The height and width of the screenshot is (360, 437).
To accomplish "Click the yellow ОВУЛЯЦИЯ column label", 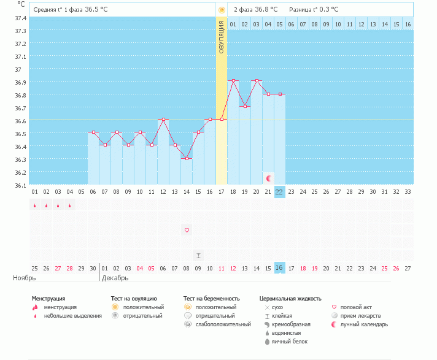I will [x=222, y=37].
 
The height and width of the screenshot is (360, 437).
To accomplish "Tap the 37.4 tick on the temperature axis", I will [x=20, y=18].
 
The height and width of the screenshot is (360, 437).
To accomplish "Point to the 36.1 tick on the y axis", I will [x=20, y=185].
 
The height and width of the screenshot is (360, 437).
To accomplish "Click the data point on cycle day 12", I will [x=163, y=119].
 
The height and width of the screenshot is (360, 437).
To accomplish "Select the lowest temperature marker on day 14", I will [x=187, y=158].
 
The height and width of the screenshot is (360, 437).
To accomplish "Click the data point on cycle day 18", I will [x=233, y=80].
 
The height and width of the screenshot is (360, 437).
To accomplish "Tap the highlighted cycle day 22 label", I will [x=279, y=191].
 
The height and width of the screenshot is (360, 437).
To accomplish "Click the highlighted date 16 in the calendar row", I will [x=279, y=268].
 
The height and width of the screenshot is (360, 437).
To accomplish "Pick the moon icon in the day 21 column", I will [x=268, y=178].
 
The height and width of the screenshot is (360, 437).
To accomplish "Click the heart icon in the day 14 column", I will [x=187, y=230].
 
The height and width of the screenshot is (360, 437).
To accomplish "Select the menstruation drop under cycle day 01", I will [x=34, y=205].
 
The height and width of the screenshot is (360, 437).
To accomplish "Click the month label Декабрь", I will [x=115, y=278].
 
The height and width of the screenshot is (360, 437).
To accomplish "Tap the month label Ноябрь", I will [x=25, y=278].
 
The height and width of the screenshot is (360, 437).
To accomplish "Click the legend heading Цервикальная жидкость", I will [x=290, y=299].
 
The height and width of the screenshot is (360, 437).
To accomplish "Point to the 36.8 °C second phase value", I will [x=266, y=10].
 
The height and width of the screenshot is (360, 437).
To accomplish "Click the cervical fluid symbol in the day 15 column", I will [x=198, y=255].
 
